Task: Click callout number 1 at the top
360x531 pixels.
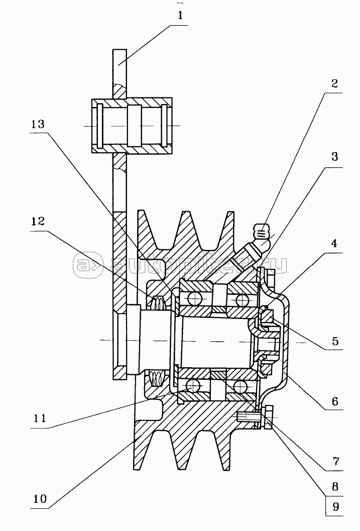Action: pos(180,16)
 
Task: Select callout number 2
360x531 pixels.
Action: pos(334,83)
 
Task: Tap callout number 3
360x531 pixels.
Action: pos(334,157)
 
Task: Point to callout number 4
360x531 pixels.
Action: pos(334,243)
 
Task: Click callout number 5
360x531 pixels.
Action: pos(335,341)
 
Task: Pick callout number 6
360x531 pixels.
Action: pos(335,401)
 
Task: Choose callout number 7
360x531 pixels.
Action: pos(335,461)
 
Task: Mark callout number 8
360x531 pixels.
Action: pos(335,487)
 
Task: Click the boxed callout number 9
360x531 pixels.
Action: pos(335,506)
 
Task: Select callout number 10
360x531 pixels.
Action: pos(40,499)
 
